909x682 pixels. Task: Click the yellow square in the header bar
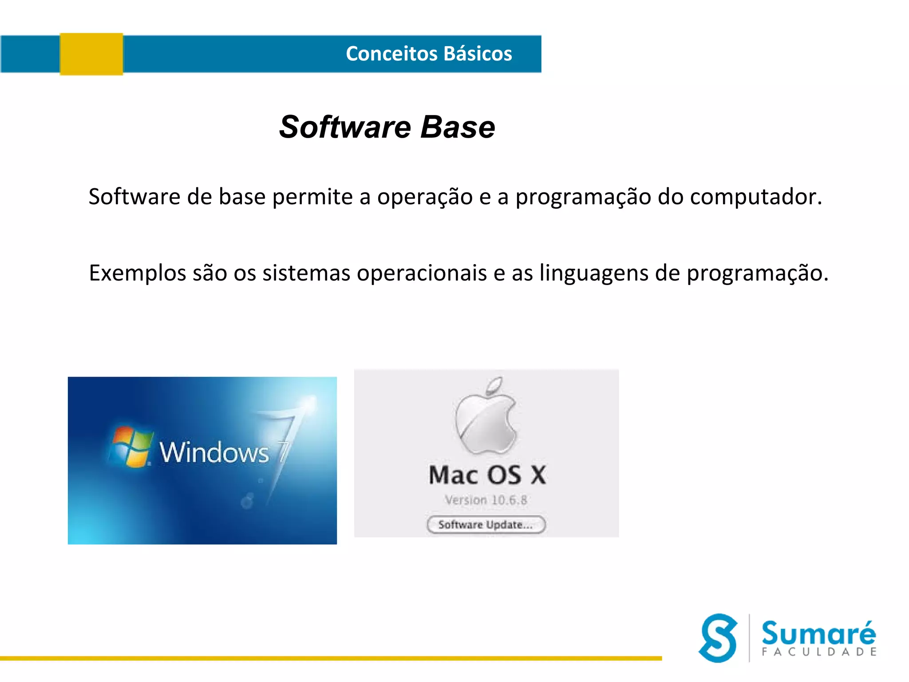point(91,54)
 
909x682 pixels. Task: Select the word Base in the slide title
point(457,127)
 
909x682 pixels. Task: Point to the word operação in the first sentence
point(425,197)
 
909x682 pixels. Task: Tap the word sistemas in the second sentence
point(306,273)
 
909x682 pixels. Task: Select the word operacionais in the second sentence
point(422,273)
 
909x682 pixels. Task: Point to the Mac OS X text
point(487,475)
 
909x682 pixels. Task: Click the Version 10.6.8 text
point(486,500)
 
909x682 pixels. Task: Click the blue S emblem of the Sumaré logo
point(718,638)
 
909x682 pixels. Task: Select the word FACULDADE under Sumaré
point(819,652)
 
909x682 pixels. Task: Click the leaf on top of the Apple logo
point(494,385)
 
